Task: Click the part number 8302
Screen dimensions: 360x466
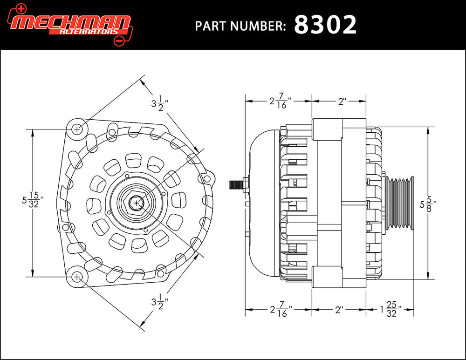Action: coord(325,25)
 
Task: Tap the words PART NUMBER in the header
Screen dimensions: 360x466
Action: coord(240,26)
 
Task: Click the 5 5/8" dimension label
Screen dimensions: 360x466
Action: coord(428,203)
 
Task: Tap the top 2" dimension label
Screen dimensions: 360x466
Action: coord(343,101)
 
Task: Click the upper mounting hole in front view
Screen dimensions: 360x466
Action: coord(77,128)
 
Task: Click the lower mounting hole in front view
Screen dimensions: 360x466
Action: coord(77,277)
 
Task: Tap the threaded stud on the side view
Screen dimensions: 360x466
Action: coord(236,184)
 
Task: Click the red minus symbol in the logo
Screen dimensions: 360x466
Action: coord(118,41)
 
